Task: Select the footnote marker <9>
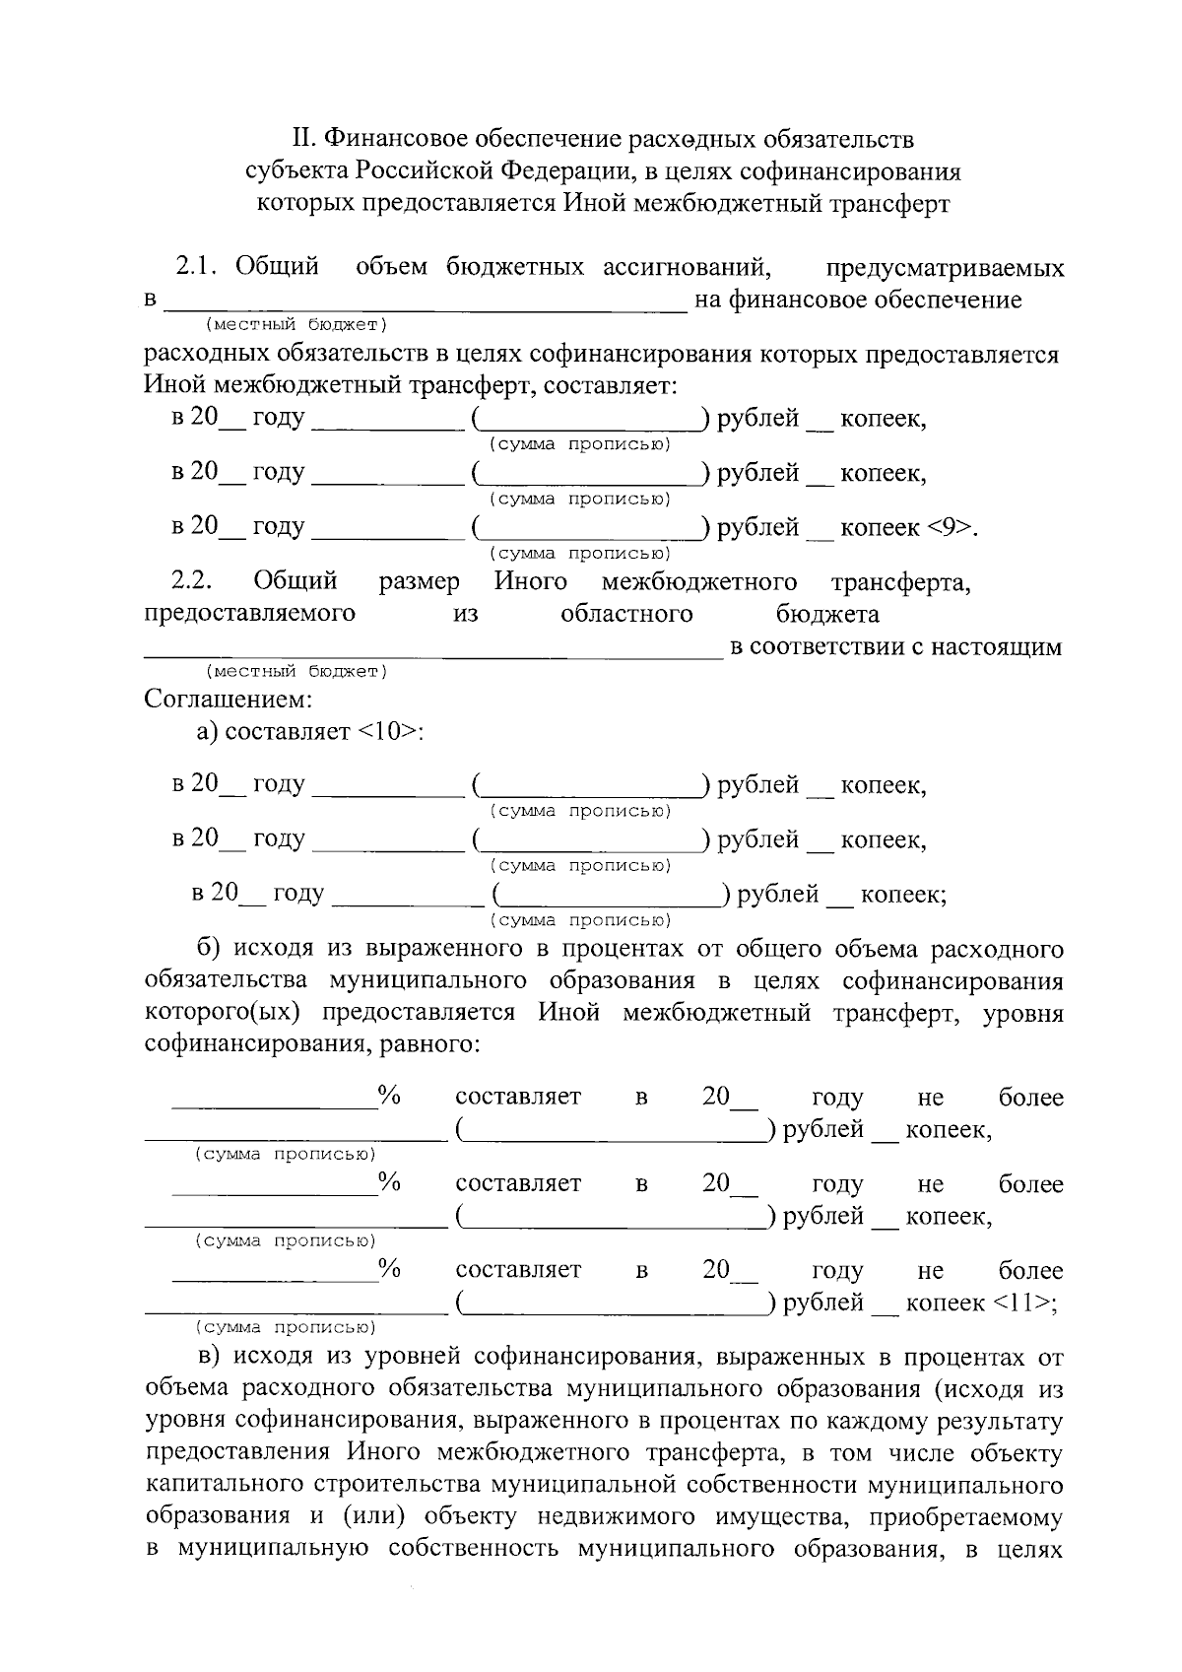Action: pos(952,527)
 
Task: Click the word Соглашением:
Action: pos(229,700)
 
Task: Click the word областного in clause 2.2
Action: pos(626,614)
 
